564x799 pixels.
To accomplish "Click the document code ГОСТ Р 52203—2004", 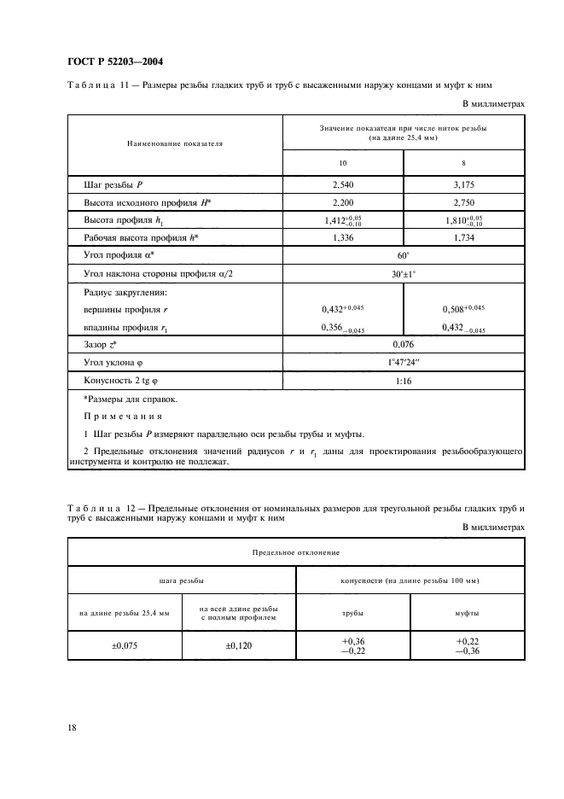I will pyautogui.click(x=114, y=62).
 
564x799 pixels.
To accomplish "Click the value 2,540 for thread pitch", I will pyautogui.click(x=344, y=184).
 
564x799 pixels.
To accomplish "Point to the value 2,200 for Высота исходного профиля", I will pyautogui.click(x=344, y=201).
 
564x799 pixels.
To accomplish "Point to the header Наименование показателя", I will pyautogui.click(x=175, y=143).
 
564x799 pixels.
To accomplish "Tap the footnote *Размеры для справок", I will pyautogui.click(x=119, y=399).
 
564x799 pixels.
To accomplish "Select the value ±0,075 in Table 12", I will pyautogui.click(x=125, y=646).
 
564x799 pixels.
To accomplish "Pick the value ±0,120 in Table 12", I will pyautogui.click(x=238, y=646).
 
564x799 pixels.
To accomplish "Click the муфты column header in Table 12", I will pyautogui.click(x=467, y=613).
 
